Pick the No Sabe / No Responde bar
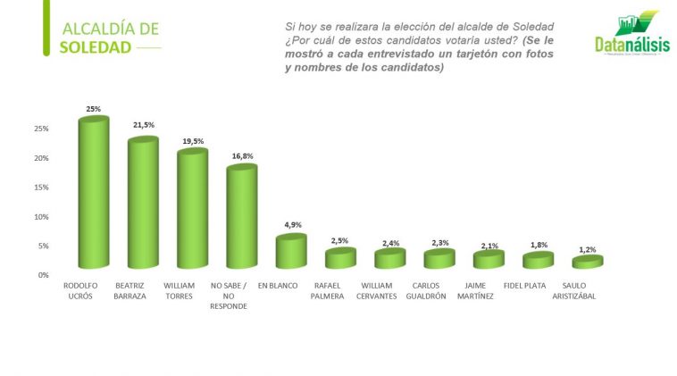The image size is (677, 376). pyautogui.click(x=241, y=216)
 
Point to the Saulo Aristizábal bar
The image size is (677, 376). pyautogui.click(x=587, y=262)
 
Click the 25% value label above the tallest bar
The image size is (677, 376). pyautogui.click(x=93, y=109)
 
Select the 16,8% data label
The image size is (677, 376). pyautogui.click(x=242, y=155)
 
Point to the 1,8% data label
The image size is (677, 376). pyautogui.click(x=539, y=244)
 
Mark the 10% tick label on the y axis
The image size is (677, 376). pyautogui.click(x=41, y=217)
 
